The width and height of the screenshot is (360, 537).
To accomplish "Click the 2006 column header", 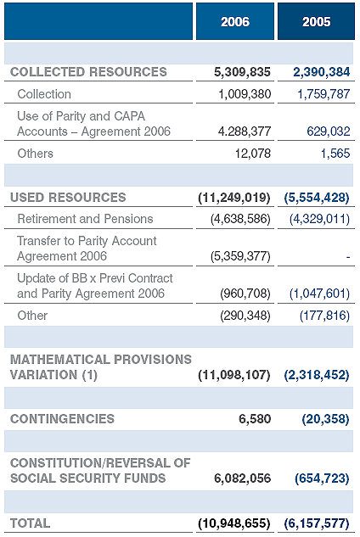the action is tap(235, 21).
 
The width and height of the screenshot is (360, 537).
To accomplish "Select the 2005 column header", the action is tap(316, 21).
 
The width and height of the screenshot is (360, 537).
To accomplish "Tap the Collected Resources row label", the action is tap(88, 72).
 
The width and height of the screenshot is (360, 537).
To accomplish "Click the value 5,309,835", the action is tap(242, 72).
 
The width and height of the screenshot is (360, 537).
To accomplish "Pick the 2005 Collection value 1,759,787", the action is tap(323, 94).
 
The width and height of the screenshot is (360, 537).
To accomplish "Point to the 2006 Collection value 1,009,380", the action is tap(245, 94).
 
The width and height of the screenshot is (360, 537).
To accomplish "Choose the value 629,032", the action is tap(329, 131).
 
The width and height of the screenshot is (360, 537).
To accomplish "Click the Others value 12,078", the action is tap(253, 154).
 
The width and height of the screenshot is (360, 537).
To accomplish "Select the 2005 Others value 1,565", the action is tap(335, 154).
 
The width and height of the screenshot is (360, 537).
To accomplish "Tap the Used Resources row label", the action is tap(68, 198).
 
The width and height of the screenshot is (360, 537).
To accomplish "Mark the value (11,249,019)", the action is tap(234, 198).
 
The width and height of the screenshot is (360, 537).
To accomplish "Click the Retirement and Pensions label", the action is tap(85, 219).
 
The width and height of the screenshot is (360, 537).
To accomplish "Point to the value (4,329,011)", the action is tap(319, 219).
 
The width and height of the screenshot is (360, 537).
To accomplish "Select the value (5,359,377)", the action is tap(240, 256).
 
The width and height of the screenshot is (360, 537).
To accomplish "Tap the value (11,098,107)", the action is tap(234, 375).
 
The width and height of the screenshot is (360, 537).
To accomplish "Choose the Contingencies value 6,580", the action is tap(255, 419).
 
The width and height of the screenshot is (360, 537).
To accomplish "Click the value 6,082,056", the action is tap(242, 478).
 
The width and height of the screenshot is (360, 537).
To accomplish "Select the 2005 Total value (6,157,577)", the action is tap(317, 523).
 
